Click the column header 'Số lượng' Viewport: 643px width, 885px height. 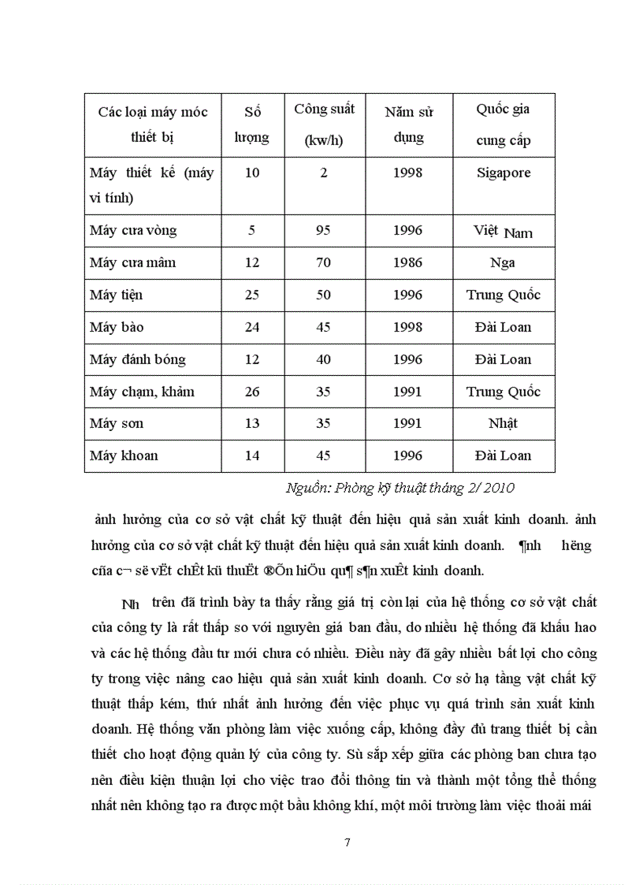pyautogui.click(x=252, y=125)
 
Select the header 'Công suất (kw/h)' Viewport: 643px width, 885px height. pyautogui.click(x=324, y=125)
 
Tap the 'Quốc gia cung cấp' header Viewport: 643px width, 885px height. pyautogui.click(x=503, y=125)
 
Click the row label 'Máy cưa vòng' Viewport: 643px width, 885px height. pyautogui.click(x=133, y=231)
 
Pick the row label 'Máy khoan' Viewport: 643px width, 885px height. pyautogui.click(x=124, y=456)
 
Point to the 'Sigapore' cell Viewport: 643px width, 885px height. pyautogui.click(x=503, y=173)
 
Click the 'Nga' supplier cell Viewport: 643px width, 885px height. pyautogui.click(x=503, y=263)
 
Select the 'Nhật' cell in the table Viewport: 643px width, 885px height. pyautogui.click(x=503, y=423)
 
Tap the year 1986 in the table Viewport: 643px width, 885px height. pyautogui.click(x=407, y=263)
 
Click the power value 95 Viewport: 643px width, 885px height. pyautogui.click(x=324, y=231)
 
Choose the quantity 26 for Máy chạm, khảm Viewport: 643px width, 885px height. pyautogui.click(x=252, y=392)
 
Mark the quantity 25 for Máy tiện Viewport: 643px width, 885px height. pyautogui.click(x=252, y=296)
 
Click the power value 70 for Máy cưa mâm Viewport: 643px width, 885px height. pyautogui.click(x=324, y=263)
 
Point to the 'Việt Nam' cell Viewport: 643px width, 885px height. pyautogui.click(x=503, y=232)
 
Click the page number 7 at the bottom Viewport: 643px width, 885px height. pyautogui.click(x=348, y=842)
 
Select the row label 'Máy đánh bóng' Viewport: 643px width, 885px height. pyautogui.click(x=138, y=359)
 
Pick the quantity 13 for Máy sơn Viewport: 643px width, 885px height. pyautogui.click(x=252, y=423)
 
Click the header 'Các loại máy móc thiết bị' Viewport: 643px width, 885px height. pyautogui.click(x=153, y=125)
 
